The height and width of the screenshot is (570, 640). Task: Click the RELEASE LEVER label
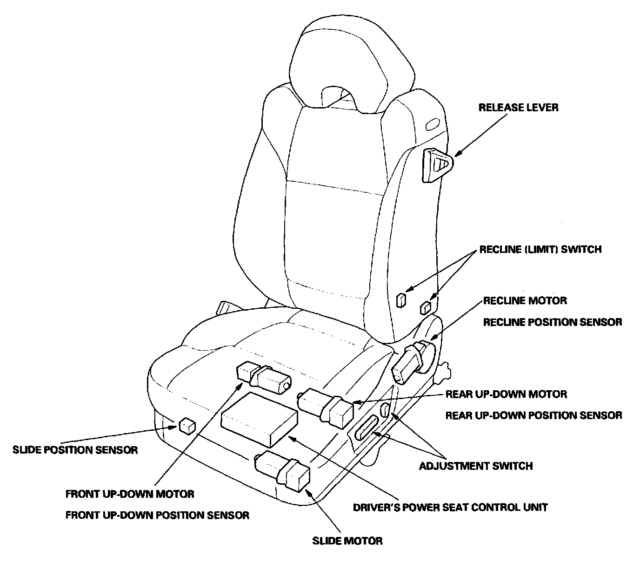[518, 108]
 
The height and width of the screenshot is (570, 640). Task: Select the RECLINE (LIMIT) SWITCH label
[540, 250]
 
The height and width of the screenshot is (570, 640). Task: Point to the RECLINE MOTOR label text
[525, 300]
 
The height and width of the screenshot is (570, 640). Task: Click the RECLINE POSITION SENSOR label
[552, 322]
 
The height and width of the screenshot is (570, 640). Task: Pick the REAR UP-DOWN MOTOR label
[506, 394]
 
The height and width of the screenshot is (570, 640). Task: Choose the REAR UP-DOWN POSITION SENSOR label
[533, 415]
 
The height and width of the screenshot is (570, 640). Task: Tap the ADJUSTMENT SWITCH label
[476, 466]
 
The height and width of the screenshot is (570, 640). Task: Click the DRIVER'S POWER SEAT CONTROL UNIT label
[450, 507]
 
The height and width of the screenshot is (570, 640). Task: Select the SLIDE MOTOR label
[347, 541]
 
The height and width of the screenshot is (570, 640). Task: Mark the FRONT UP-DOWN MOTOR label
[130, 493]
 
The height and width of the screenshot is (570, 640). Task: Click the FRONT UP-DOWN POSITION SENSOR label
[157, 515]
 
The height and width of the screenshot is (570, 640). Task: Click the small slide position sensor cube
[187, 426]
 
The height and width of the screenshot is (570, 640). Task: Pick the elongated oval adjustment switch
[367, 427]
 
